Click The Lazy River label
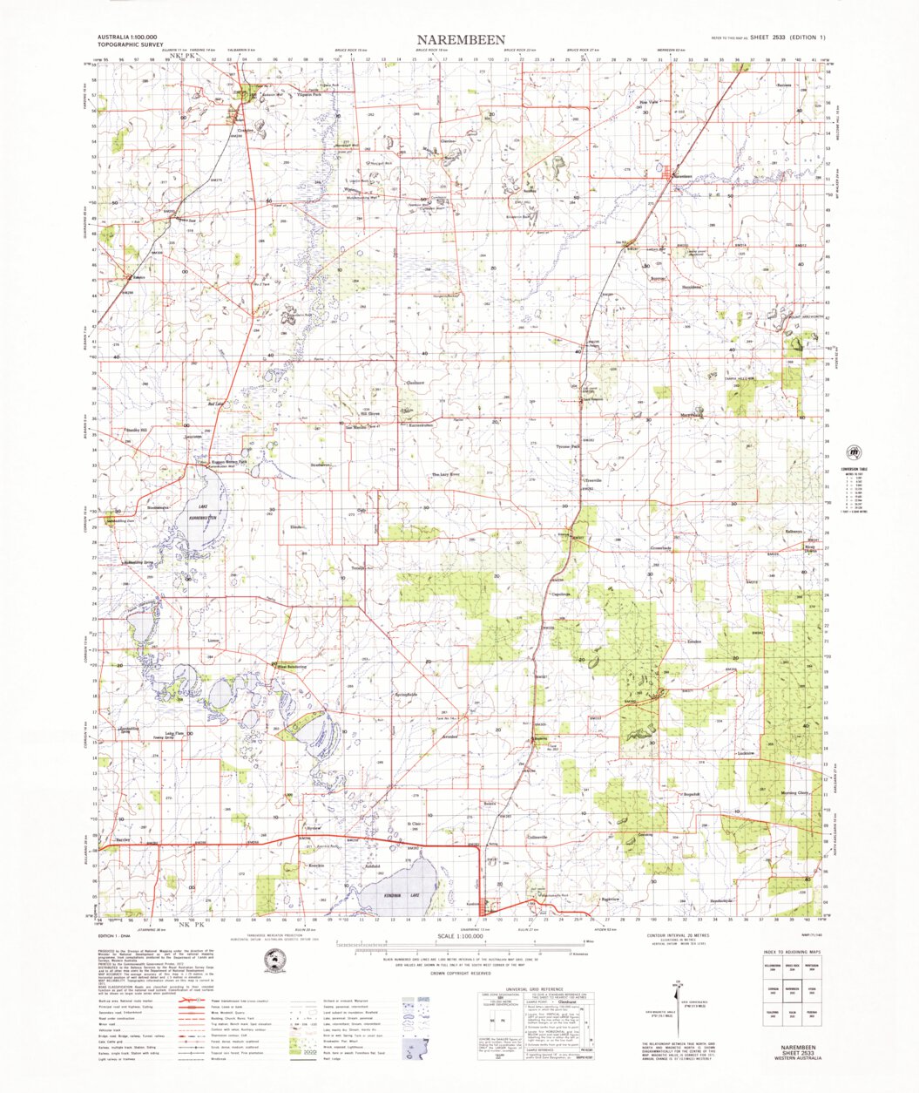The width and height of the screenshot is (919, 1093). pos(446,475)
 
